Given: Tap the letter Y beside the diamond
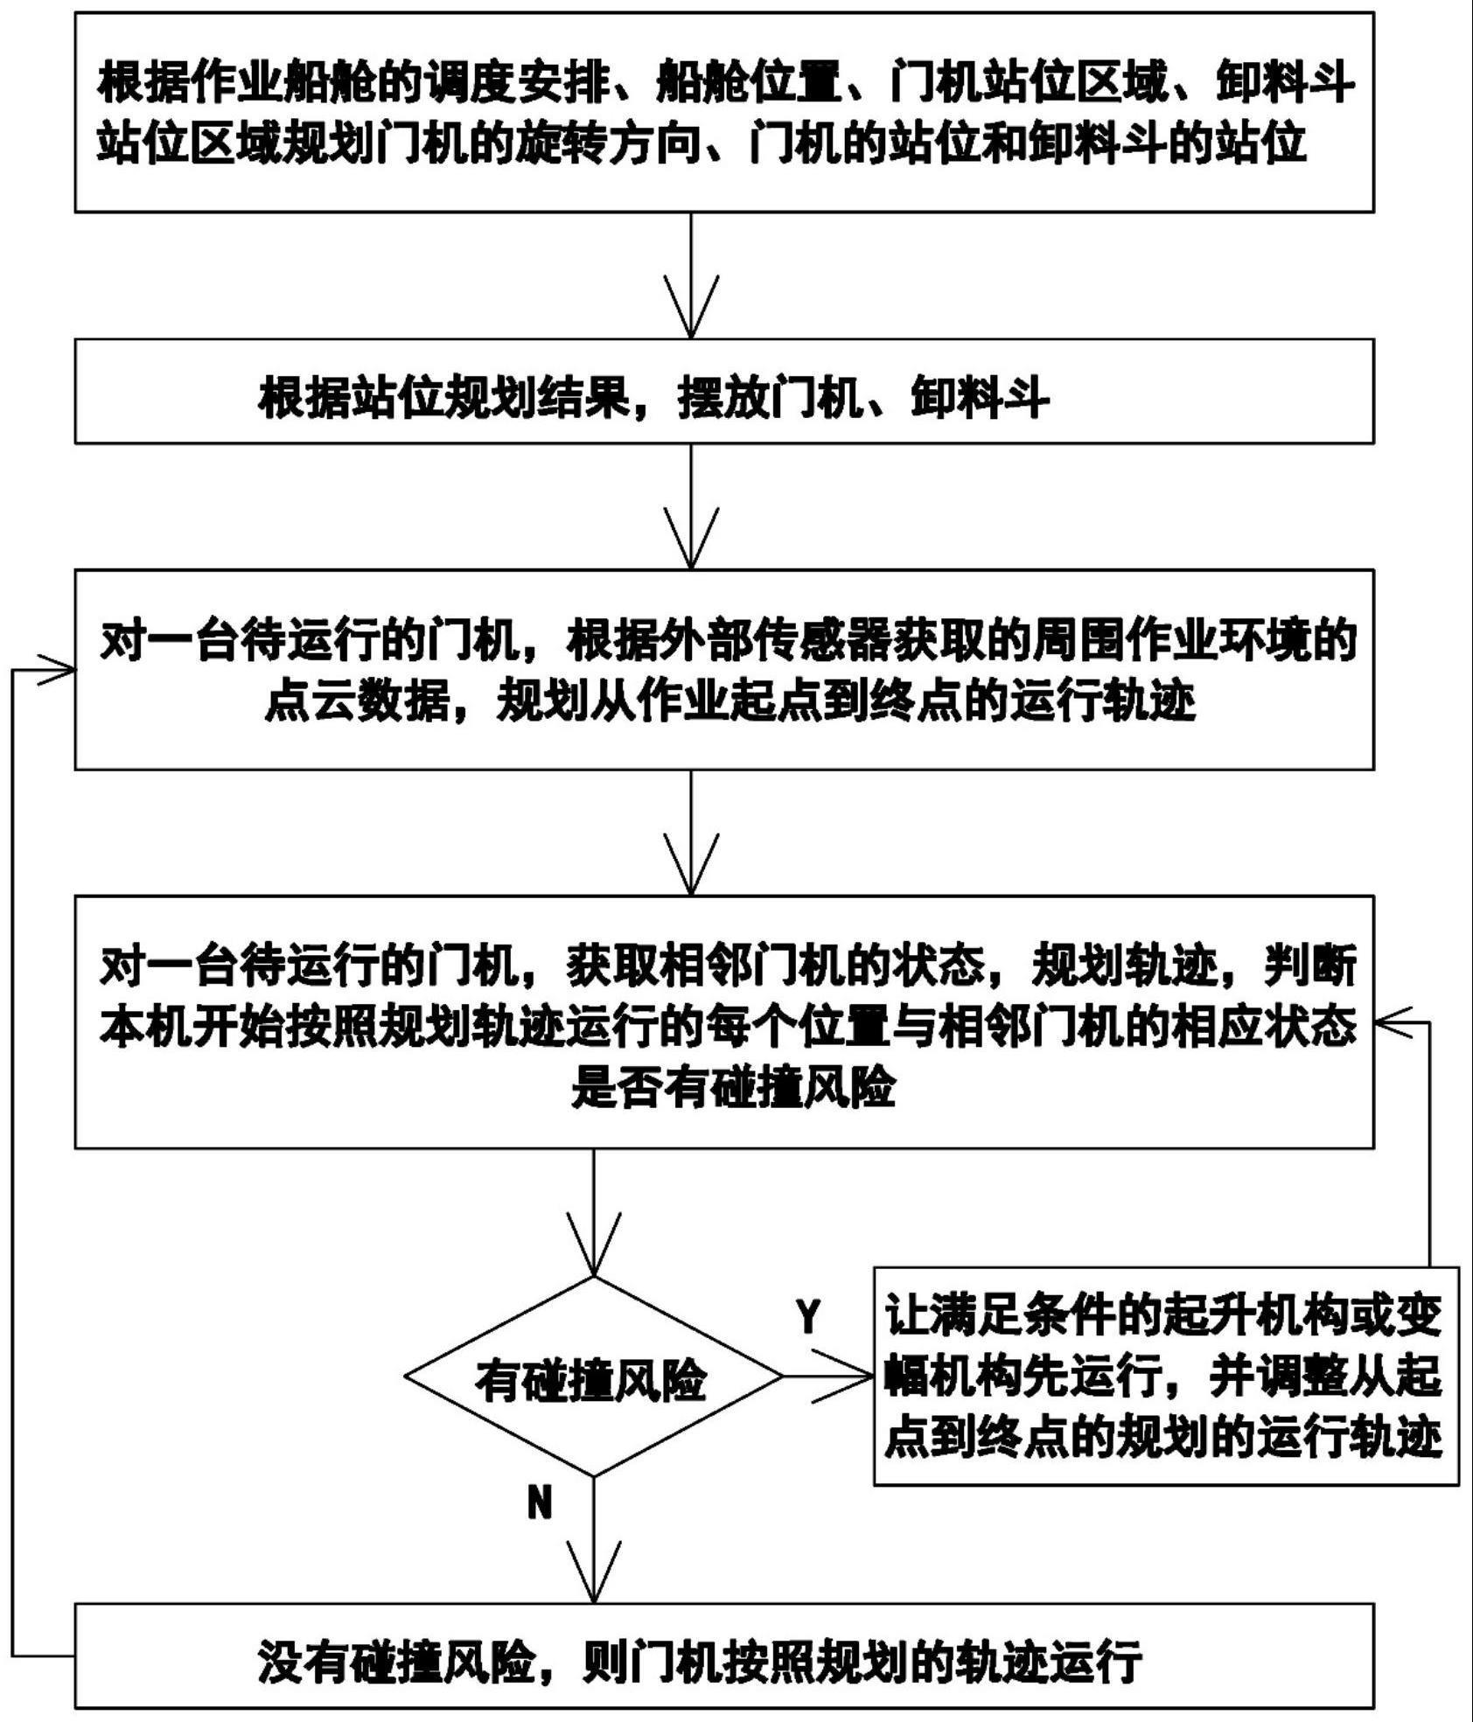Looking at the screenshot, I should pos(808,1317).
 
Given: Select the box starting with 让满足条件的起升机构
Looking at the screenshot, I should pos(1165,1377).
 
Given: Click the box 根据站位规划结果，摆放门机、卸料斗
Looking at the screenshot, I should pos(723,392).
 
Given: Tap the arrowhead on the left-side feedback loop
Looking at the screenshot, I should pos(56,671).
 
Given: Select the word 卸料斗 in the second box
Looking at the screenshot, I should pos(980,399).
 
